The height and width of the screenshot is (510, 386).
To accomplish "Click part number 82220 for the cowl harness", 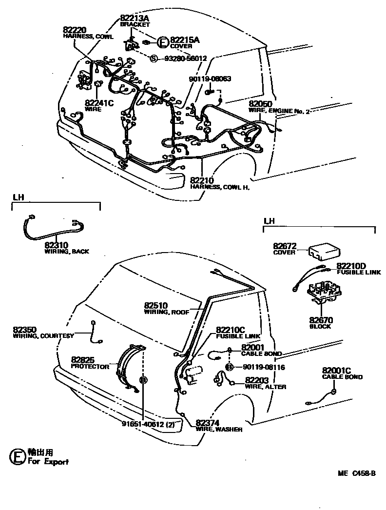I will click(75, 30).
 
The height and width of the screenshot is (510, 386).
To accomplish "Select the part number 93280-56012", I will click(185, 59).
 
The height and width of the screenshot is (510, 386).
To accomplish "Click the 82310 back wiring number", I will click(58, 245).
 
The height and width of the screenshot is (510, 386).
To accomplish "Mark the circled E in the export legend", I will click(18, 457).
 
